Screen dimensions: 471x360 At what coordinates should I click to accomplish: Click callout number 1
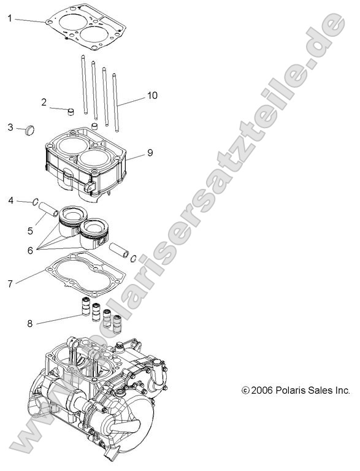pos(10,18)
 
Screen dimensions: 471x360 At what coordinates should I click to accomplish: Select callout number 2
pos(44,102)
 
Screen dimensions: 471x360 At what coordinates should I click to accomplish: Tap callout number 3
pos(10,127)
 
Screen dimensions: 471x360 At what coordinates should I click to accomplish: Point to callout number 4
pos(10,201)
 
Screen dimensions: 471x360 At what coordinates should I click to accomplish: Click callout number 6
pos(29,250)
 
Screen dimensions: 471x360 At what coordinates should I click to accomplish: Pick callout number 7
pos(10,283)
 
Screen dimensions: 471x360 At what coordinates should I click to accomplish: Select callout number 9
pos(150,152)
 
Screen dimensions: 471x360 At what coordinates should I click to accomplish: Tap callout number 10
pos(152,95)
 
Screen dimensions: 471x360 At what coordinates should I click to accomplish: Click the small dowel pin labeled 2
pos(71,112)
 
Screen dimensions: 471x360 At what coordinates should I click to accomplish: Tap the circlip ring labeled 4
pos(37,201)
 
